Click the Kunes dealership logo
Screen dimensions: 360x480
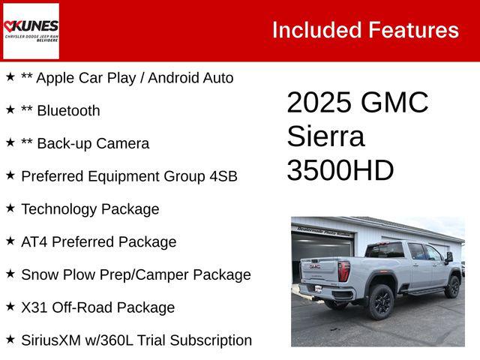(31, 30)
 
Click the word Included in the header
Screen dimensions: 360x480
(316, 30)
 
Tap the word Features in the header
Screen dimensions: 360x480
(414, 30)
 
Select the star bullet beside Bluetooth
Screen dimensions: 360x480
(10, 109)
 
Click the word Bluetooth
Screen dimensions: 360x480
(68, 111)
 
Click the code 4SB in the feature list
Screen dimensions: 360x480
(223, 176)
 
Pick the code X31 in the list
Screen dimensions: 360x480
(35, 307)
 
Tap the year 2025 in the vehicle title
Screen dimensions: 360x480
(319, 103)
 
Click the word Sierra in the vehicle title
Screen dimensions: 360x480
(325, 136)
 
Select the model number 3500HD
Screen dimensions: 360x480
(340, 170)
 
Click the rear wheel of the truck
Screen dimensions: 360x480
(379, 301)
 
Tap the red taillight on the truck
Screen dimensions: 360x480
(343, 271)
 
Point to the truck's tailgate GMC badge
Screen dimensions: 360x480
(315, 266)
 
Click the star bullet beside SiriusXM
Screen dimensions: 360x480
(10, 340)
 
